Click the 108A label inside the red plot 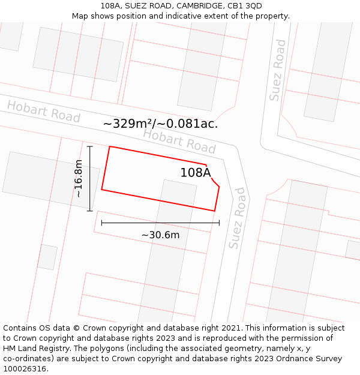tap(196, 173)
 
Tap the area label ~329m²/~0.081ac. tap(160, 124)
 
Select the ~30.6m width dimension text tap(160, 235)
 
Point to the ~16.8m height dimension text tap(79, 179)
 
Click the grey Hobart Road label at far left tap(43, 112)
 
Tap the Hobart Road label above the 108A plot tap(179, 141)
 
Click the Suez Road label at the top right tap(278, 70)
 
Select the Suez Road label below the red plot tap(237, 218)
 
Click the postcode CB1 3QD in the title tap(245, 6)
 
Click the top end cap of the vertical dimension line tap(90, 146)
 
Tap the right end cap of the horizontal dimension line tap(219, 223)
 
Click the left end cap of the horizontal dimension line tap(101, 223)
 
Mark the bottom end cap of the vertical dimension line tap(90, 211)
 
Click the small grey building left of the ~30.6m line tap(47, 257)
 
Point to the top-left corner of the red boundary tap(110, 146)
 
